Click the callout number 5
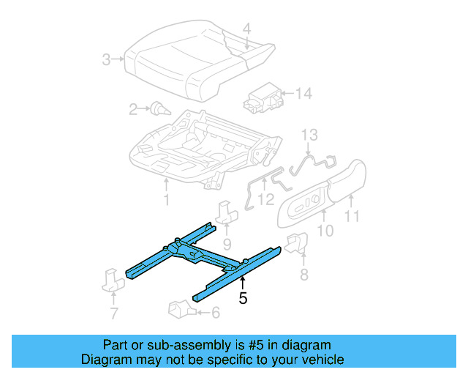243,298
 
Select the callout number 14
303,93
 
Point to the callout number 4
246,29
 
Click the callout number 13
310,134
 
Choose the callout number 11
352,217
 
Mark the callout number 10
325,231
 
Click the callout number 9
227,244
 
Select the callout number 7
113,314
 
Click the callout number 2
133,110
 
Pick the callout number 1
166,200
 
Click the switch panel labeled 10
302,209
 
